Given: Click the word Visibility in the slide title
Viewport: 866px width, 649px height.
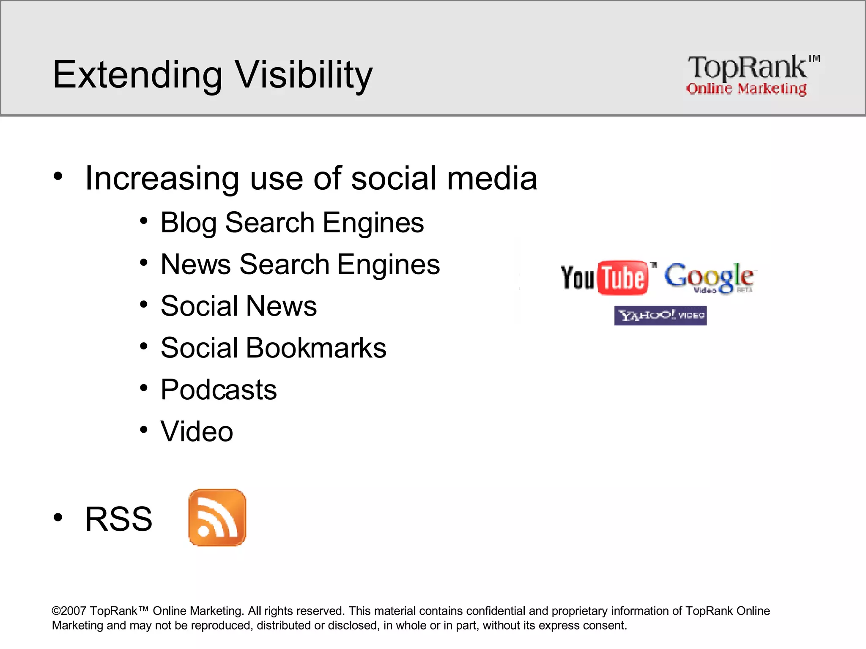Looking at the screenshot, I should [x=303, y=75].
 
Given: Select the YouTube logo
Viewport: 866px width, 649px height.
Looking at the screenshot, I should [x=605, y=278].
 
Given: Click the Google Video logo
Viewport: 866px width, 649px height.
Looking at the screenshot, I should [x=709, y=278].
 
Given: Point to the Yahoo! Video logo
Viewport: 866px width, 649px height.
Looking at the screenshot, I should [x=660, y=316].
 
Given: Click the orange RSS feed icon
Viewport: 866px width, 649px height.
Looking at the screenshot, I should [x=217, y=518].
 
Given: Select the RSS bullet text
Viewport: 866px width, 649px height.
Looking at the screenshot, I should [x=118, y=519].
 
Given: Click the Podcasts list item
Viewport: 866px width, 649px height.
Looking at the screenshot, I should [x=219, y=390].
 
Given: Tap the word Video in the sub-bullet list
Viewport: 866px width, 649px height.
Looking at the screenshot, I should [x=197, y=431].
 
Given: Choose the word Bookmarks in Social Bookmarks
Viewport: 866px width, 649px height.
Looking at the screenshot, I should [x=316, y=348].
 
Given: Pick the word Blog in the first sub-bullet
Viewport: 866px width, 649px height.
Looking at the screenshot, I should [x=188, y=223].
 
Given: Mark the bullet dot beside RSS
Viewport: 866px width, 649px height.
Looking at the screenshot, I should [x=58, y=517].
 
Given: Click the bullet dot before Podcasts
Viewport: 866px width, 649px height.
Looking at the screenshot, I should [x=144, y=387].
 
